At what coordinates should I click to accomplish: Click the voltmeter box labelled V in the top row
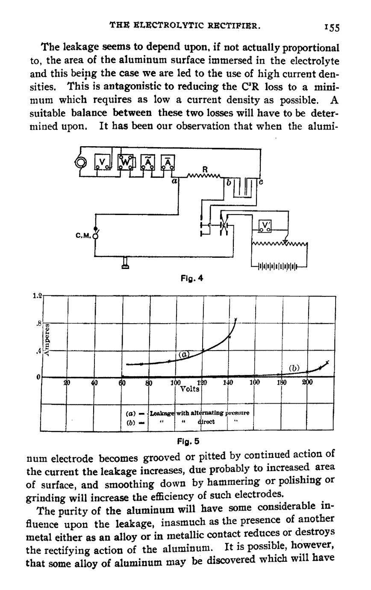pos(103,162)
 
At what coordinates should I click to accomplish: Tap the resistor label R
pos(205,170)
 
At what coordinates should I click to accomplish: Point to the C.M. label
pos(83,235)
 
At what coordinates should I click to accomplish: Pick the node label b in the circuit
pos(229,183)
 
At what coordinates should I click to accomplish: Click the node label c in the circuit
pos(261,182)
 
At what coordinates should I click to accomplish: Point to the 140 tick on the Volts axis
pos(227,383)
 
